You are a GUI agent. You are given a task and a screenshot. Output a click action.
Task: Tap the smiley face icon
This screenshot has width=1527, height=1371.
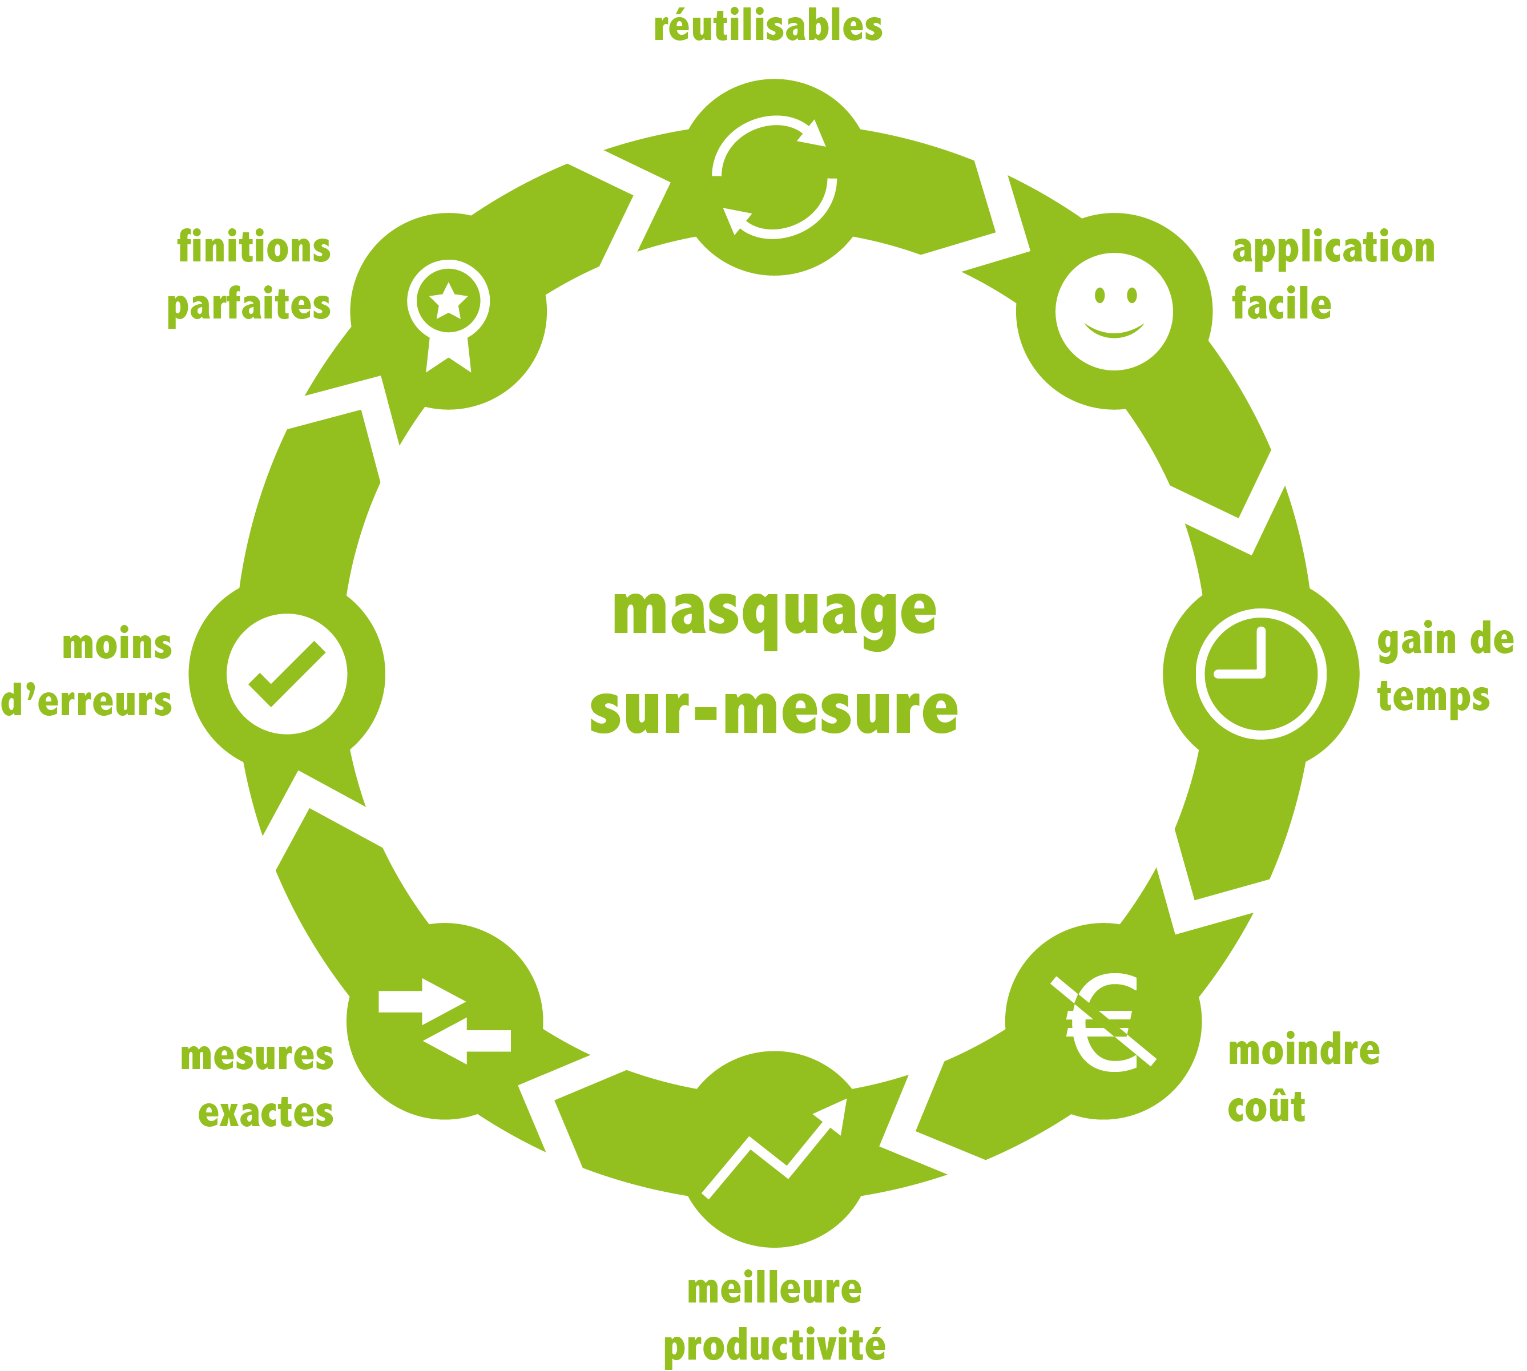[x=1113, y=311]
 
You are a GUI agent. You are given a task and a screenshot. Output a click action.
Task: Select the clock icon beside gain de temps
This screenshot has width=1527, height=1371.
[x=1260, y=674]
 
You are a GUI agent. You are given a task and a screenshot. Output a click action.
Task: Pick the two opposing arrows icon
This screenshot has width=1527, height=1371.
[x=445, y=1021]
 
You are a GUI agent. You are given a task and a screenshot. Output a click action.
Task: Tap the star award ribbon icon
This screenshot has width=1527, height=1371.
[x=448, y=316]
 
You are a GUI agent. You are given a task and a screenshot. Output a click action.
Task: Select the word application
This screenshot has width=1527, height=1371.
[x=1333, y=249]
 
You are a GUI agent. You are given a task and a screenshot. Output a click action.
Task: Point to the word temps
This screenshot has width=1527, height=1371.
[x=1433, y=697]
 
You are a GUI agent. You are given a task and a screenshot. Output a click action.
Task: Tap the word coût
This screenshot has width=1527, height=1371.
[x=1266, y=1107]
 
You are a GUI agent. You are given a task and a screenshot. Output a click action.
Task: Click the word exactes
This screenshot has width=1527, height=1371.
[x=265, y=1112]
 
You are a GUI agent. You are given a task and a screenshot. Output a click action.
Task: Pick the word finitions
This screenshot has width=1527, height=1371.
[x=254, y=247]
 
